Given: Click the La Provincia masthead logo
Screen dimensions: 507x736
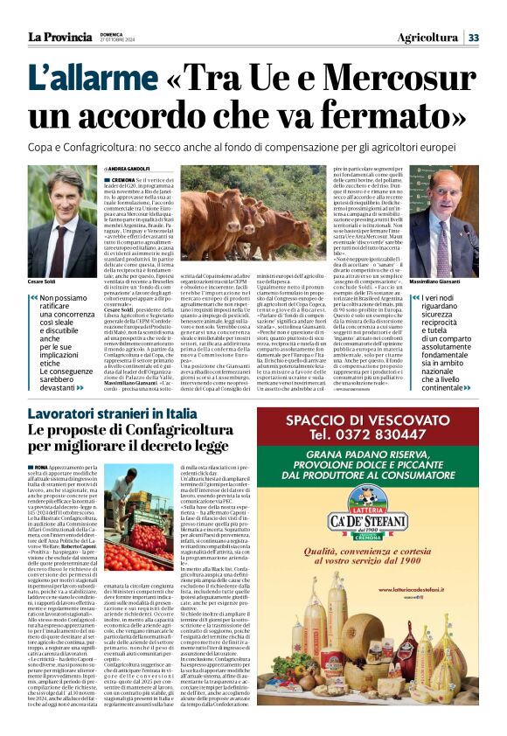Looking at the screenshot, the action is (59, 37).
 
